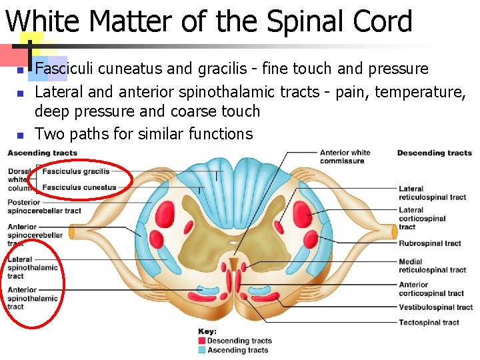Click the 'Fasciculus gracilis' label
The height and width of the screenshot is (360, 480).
(75, 171)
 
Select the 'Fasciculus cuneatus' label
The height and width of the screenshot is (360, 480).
(79, 187)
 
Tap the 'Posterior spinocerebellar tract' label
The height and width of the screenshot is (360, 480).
(44, 207)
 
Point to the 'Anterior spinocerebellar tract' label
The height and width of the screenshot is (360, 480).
(35, 235)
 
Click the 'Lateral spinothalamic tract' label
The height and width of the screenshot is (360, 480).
(33, 267)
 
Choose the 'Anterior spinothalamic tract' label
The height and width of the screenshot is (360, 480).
(33, 298)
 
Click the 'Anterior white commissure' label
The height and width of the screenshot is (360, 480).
(345, 157)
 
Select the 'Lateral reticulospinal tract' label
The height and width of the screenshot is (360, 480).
(432, 193)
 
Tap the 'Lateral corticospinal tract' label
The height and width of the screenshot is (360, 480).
(422, 219)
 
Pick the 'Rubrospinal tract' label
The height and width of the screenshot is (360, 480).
(429, 243)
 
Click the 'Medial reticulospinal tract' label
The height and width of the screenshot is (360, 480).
(432, 265)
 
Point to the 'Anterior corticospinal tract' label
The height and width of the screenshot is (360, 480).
(431, 289)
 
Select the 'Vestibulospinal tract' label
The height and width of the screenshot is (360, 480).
(435, 307)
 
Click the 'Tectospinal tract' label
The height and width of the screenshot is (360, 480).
(429, 323)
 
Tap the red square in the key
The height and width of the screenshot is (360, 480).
(202, 341)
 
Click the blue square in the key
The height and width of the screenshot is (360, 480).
(202, 350)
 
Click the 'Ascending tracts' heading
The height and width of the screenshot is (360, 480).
(42, 153)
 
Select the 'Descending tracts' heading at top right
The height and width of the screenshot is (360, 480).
(434, 153)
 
